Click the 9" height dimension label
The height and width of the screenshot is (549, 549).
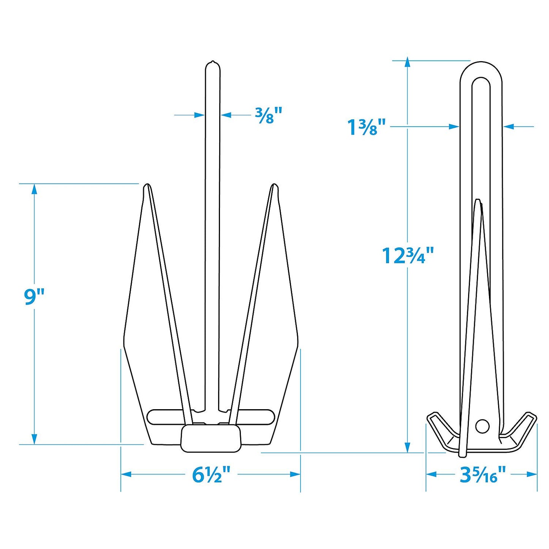click(x=34, y=297)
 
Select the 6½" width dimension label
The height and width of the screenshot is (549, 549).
click(x=211, y=475)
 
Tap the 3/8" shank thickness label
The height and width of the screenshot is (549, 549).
click(x=269, y=115)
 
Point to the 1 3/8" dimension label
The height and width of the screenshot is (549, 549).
click(x=367, y=127)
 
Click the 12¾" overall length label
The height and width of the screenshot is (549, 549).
click(x=407, y=255)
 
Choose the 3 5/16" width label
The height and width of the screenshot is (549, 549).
click(x=483, y=475)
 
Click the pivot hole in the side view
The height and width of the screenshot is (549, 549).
click(x=482, y=426)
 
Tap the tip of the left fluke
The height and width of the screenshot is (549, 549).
click(x=147, y=186)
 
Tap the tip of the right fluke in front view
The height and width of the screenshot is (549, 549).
click(x=274, y=186)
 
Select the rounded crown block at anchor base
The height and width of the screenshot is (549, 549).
click(x=211, y=438)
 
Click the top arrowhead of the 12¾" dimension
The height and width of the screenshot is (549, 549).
click(x=407, y=62)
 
